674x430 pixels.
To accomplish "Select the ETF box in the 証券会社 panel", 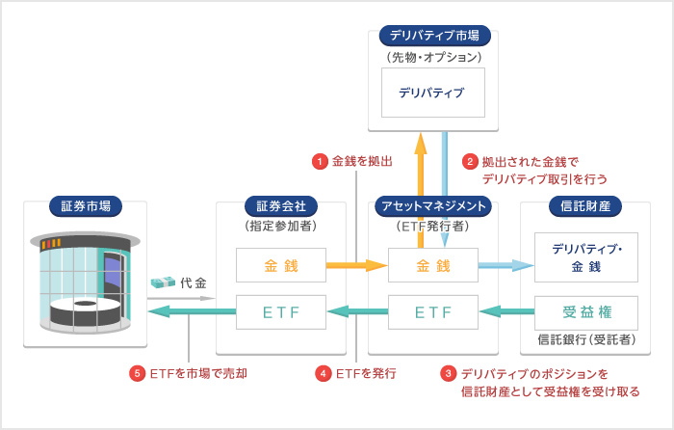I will pyautogui.click(x=280, y=311).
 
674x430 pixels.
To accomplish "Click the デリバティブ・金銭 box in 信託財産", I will pyautogui.click(x=585, y=257).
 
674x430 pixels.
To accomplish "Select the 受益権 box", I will pyautogui.click(x=585, y=311).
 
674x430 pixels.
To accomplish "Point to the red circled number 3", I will pyautogui.click(x=449, y=373).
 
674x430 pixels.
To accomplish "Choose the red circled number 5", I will pyautogui.click(x=138, y=373).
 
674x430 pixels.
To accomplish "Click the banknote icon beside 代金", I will pyautogui.click(x=163, y=282).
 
